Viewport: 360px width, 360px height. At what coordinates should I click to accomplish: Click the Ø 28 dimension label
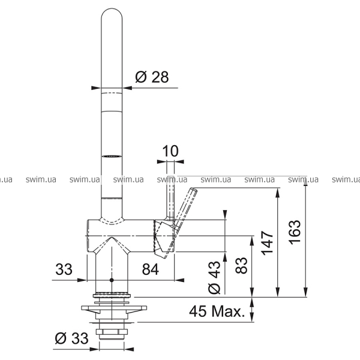click(152, 77)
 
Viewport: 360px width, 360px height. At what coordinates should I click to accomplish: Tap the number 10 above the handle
click(170, 151)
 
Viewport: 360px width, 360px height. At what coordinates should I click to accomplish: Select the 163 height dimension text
click(295, 232)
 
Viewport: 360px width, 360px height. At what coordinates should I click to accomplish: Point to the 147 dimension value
click(268, 243)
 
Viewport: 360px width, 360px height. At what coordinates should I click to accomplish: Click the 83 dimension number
click(242, 265)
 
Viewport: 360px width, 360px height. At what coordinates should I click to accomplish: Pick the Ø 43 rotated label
click(214, 278)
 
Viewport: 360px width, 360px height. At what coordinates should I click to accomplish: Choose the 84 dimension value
click(151, 269)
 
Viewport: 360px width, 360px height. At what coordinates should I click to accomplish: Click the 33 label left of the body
click(64, 269)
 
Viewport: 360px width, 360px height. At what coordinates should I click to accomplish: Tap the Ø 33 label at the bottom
click(71, 338)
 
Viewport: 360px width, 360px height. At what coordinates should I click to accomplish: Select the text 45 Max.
click(217, 311)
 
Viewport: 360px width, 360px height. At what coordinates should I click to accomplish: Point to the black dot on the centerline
click(112, 280)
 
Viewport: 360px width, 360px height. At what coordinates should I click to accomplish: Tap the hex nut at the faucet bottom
click(112, 332)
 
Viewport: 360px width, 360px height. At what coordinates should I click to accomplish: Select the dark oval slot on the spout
click(112, 157)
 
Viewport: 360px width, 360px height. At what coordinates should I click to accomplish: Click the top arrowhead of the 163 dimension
click(305, 181)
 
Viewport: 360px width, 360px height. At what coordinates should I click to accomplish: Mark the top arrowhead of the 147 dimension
click(278, 193)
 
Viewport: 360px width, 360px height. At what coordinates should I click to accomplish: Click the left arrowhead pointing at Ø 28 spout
click(96, 88)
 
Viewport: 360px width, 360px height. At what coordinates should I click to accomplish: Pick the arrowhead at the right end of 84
click(179, 280)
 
